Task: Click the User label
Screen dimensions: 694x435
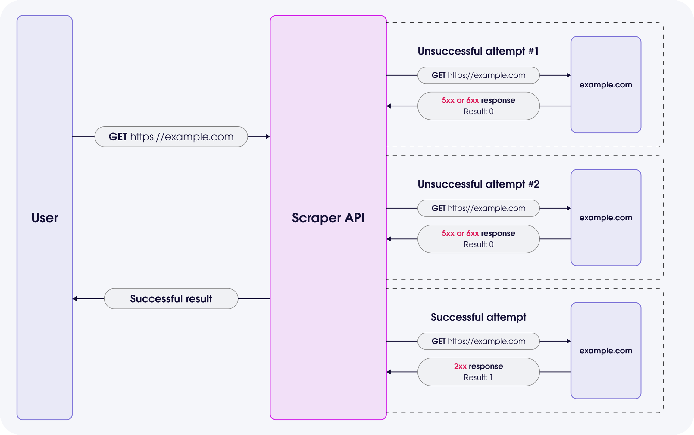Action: pyautogui.click(x=45, y=218)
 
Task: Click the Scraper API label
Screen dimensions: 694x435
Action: pyautogui.click(x=328, y=218)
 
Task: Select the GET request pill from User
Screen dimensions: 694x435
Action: pyautogui.click(x=171, y=137)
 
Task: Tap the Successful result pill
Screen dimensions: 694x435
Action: pyautogui.click(x=171, y=298)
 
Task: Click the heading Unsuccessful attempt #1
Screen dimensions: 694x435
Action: pyautogui.click(x=478, y=51)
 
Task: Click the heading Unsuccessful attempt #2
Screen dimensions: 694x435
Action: pyautogui.click(x=478, y=184)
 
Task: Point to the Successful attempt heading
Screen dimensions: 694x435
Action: pyautogui.click(x=478, y=317)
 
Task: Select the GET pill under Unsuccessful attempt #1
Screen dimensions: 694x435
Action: pyautogui.click(x=478, y=75)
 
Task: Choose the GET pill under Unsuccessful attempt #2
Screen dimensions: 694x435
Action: pyautogui.click(x=478, y=208)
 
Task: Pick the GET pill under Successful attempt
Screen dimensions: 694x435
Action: pyautogui.click(x=478, y=341)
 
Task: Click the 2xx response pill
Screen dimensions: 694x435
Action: pyautogui.click(x=478, y=372)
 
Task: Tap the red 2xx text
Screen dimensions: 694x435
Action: pyautogui.click(x=460, y=366)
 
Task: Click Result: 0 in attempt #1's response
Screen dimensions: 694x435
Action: pyautogui.click(x=478, y=112)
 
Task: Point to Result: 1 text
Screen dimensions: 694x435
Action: pyautogui.click(x=478, y=377)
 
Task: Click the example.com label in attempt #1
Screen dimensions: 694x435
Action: pyautogui.click(x=606, y=85)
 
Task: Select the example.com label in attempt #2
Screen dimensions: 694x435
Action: pyautogui.click(x=606, y=218)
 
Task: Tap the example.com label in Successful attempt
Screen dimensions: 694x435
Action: pyautogui.click(x=606, y=351)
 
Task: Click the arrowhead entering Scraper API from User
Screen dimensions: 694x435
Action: pyautogui.click(x=268, y=137)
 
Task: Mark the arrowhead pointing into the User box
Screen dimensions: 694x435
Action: pyautogui.click(x=75, y=298)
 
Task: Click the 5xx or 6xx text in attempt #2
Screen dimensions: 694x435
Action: pyautogui.click(x=460, y=233)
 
